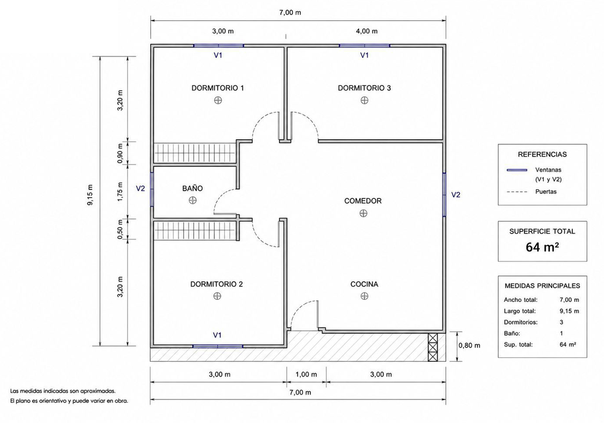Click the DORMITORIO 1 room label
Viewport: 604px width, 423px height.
[x=218, y=88]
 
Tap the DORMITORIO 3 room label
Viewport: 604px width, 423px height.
[x=364, y=88]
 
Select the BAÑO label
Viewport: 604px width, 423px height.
[x=192, y=188]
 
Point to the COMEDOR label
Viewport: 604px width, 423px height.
[x=363, y=201]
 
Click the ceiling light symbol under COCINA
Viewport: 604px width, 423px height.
[x=364, y=296]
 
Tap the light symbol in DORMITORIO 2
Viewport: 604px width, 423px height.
[x=217, y=296]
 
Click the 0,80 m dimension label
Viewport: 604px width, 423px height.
[x=469, y=346]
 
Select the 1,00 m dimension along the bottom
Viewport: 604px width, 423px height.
[x=306, y=375]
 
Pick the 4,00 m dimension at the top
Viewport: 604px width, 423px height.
[x=367, y=31]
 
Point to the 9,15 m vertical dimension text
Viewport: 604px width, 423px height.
[x=90, y=195]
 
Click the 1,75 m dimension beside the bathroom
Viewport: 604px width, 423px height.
[x=120, y=192]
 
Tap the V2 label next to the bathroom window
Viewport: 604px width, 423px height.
[x=140, y=188]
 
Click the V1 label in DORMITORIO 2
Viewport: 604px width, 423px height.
[x=217, y=335]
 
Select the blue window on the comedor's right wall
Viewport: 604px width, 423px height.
[x=444, y=195]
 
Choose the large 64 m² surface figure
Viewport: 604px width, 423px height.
[x=542, y=247]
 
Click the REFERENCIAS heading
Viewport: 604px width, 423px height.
[x=542, y=155]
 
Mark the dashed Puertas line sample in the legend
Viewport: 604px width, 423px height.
[x=517, y=192]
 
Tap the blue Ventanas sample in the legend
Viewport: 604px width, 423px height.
[x=517, y=170]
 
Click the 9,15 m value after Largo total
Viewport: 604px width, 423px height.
[x=569, y=311]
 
